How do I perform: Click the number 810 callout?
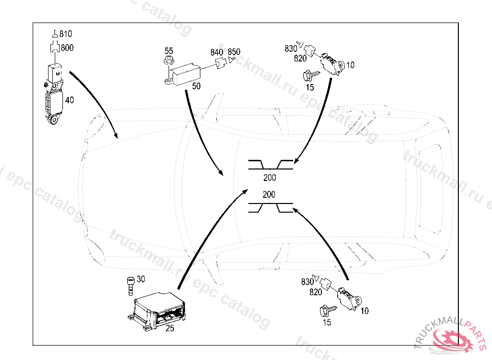pyautogui.click(x=66, y=34)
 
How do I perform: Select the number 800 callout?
pyautogui.click(x=67, y=48)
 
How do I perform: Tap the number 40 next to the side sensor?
pyautogui.click(x=70, y=100)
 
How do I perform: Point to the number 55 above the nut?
pyautogui.click(x=169, y=51)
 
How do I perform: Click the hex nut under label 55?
pyautogui.click(x=168, y=60)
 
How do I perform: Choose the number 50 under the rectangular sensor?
pyautogui.click(x=196, y=86)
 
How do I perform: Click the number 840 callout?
pyautogui.click(x=217, y=52)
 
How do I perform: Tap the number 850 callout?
pyautogui.click(x=234, y=52)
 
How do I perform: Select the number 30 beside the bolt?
pyautogui.click(x=141, y=279)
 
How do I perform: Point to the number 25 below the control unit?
pyautogui.click(x=170, y=328)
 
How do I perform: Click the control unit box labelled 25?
pyautogui.click(x=158, y=311)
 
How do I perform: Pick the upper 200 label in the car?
pyautogui.click(x=270, y=178)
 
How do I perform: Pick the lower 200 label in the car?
pyautogui.click(x=269, y=195)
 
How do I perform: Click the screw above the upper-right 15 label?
pyautogui.click(x=308, y=75)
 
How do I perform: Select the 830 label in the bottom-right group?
pyautogui.click(x=307, y=282)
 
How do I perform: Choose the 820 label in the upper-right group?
pyautogui.click(x=301, y=59)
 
